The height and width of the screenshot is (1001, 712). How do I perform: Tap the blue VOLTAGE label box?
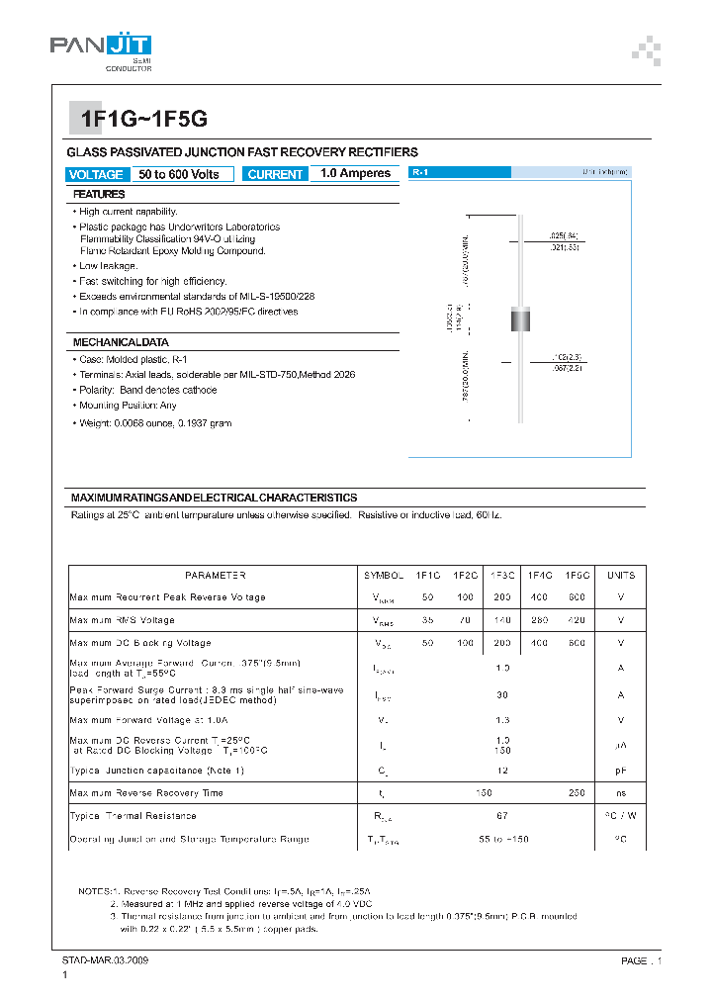pyautogui.click(x=97, y=174)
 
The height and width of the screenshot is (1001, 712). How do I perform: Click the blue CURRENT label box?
pyautogui.click(x=275, y=174)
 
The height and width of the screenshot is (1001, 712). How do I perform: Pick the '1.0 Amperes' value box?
pyautogui.click(x=355, y=173)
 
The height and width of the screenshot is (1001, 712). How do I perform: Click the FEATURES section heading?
pyautogui.click(x=99, y=195)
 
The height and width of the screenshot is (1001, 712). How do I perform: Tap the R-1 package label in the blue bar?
pyautogui.click(x=419, y=172)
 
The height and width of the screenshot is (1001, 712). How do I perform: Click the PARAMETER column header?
pyautogui.click(x=215, y=575)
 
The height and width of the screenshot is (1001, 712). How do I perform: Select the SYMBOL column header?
pyautogui.click(x=384, y=575)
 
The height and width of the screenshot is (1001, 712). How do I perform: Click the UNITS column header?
pyautogui.click(x=621, y=575)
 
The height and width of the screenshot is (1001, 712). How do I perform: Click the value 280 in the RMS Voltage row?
pyautogui.click(x=540, y=620)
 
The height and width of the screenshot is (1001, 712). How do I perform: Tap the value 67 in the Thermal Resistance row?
pyautogui.click(x=502, y=816)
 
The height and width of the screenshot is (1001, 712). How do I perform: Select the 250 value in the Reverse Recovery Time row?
pyautogui.click(x=578, y=792)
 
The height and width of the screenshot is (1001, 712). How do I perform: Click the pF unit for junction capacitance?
pyautogui.click(x=621, y=770)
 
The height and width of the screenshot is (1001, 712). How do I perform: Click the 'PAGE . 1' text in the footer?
pyautogui.click(x=626, y=960)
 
